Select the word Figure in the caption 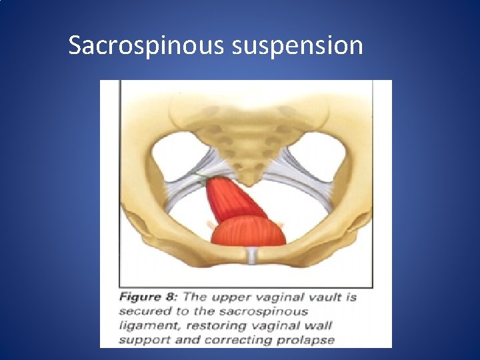coord(140,297)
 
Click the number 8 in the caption coord(171,297)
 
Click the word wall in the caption coord(317,326)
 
